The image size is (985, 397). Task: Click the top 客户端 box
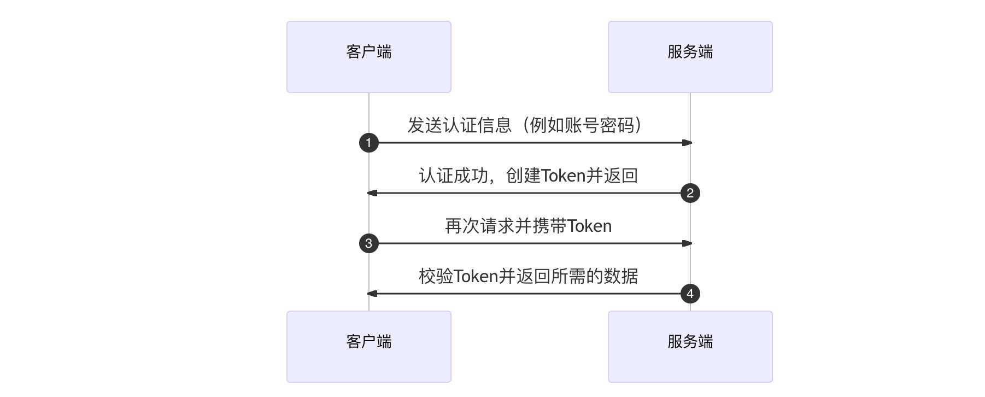pos(368,57)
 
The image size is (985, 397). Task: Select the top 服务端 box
pos(690,57)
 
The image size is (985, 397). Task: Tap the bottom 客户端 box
pos(368,347)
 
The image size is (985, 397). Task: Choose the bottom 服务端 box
pos(690,347)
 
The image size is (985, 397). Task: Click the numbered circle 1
pos(368,143)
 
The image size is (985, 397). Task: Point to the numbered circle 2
pos(690,193)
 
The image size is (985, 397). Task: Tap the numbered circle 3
pos(368,243)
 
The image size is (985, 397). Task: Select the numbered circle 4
pos(690,294)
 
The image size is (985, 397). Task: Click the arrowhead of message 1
pos(687,143)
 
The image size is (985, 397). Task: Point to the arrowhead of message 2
pos(372,193)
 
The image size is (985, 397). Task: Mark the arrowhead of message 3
pos(687,243)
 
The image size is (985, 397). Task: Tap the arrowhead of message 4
pos(372,294)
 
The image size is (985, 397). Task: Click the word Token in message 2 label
pos(563,176)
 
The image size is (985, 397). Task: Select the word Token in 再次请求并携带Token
pos(589,226)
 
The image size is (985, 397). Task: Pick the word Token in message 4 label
pos(476,276)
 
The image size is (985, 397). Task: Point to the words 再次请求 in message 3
pos(479,226)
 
